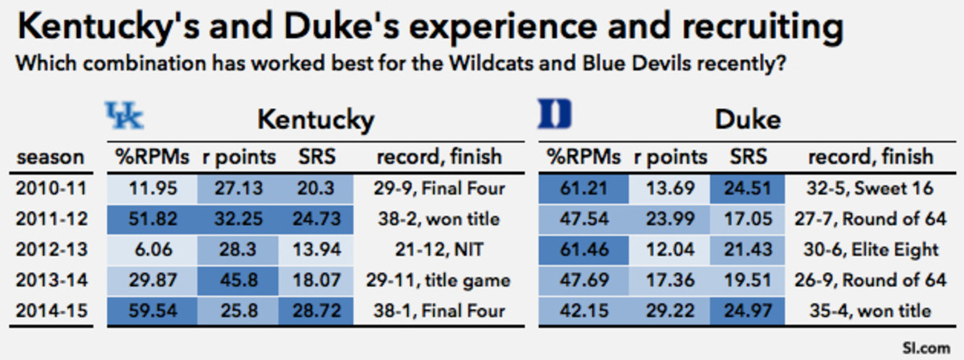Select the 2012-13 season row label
pyautogui.click(x=51, y=249)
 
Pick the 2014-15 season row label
pyautogui.click(x=51, y=310)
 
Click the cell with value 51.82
pyautogui.click(x=152, y=219)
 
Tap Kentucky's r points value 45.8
pyautogui.click(x=238, y=280)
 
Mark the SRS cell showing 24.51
pyautogui.click(x=747, y=189)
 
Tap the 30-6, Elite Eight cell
pyautogui.click(x=870, y=249)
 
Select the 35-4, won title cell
pyautogui.click(x=870, y=310)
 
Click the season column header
pyautogui.click(x=51, y=156)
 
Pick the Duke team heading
pyautogui.click(x=747, y=121)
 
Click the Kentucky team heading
pyautogui.click(x=316, y=121)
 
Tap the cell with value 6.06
pyautogui.click(x=152, y=249)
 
